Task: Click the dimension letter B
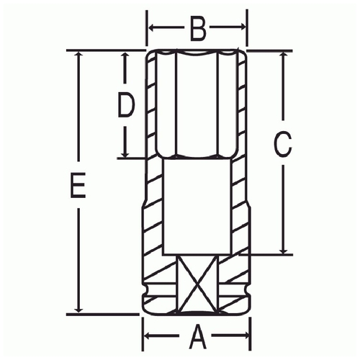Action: [198, 29]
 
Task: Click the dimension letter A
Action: [198, 336]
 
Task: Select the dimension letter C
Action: [283, 144]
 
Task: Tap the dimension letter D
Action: [126, 105]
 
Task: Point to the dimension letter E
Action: [78, 185]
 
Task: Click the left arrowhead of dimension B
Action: [152, 27]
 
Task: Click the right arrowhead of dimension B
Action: [242, 27]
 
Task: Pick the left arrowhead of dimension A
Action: [148, 336]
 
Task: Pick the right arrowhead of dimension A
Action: [246, 336]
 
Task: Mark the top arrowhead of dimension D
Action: [125, 56]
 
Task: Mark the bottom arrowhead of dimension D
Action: [125, 153]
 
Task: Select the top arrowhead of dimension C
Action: [283, 56]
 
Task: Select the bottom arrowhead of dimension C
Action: [283, 250]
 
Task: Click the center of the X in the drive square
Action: [197, 284]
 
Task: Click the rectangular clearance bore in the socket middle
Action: [197, 207]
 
